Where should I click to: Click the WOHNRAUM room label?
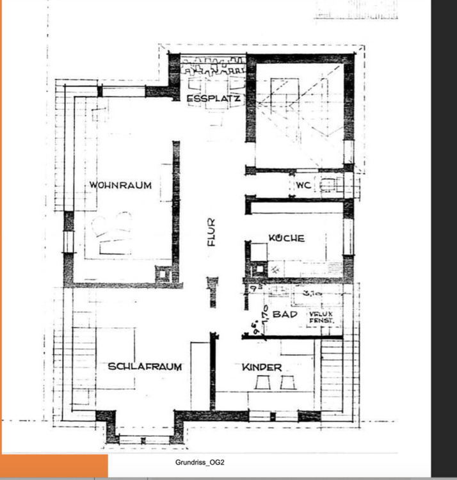pyautogui.click(x=120, y=186)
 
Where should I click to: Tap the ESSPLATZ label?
pyautogui.click(x=213, y=99)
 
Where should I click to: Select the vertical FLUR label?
pyautogui.click(x=212, y=233)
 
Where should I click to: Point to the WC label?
pyautogui.click(x=303, y=186)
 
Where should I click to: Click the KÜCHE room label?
pyautogui.click(x=286, y=238)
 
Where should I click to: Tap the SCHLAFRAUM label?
pyautogui.click(x=145, y=367)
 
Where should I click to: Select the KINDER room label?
pyautogui.click(x=262, y=367)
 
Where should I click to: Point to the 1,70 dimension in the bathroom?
pyautogui.click(x=264, y=312)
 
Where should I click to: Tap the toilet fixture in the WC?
pyautogui.click(x=328, y=186)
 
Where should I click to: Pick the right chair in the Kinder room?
pyautogui.click(x=287, y=383)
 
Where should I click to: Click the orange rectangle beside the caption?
pyautogui.click(x=54, y=466)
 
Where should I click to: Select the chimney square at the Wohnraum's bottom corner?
pyautogui.click(x=163, y=274)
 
